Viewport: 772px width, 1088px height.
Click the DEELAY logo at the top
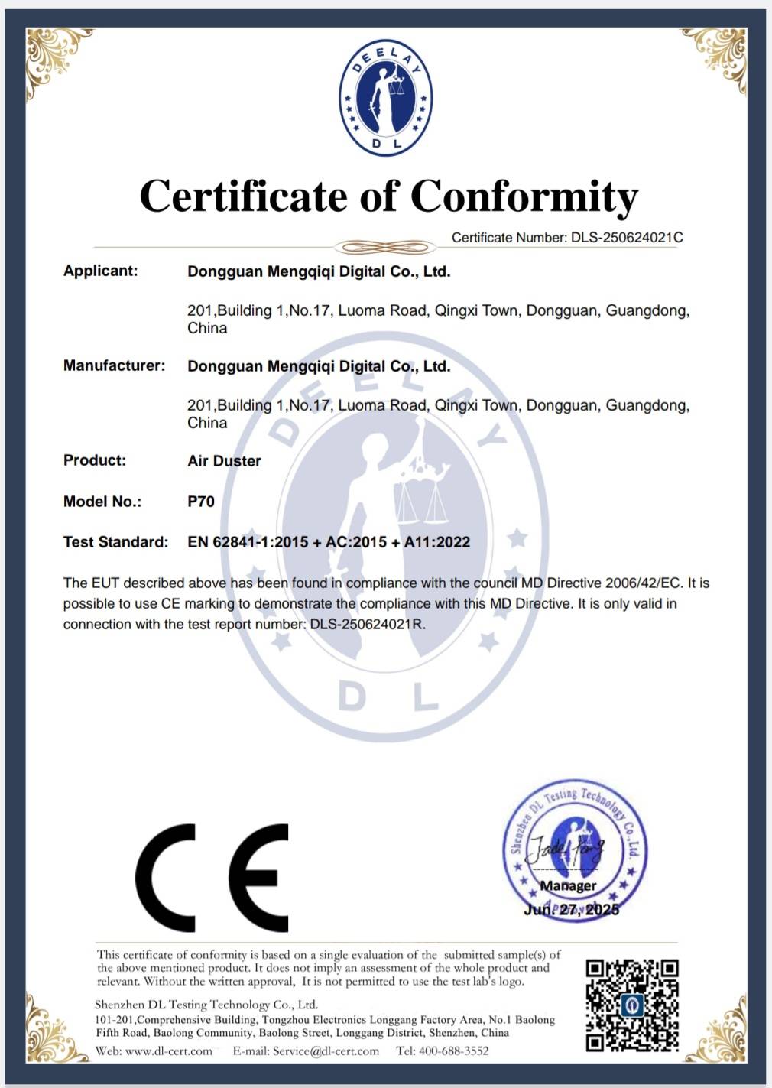pyautogui.click(x=385, y=97)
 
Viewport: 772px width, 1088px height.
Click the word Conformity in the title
pyautogui.click(x=524, y=196)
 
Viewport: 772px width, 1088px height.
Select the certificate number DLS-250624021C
pyautogui.click(x=627, y=238)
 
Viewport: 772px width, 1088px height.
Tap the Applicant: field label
pyautogui.click(x=100, y=271)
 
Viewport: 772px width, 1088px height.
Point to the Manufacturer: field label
pyautogui.click(x=114, y=365)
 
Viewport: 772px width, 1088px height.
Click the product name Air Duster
pyautogui.click(x=224, y=461)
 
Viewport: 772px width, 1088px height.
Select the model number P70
pyautogui.click(x=201, y=502)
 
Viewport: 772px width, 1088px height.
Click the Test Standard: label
pyautogui.click(x=115, y=542)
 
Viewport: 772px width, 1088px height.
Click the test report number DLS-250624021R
pyautogui.click(x=367, y=625)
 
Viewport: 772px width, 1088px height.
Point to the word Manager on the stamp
pyautogui.click(x=568, y=885)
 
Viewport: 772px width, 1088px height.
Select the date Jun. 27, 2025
pyautogui.click(x=571, y=909)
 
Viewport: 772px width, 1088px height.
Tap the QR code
pyautogui.click(x=632, y=1005)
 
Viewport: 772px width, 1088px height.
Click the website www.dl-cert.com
pyautogui.click(x=168, y=1051)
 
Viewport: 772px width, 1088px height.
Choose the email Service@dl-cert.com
pyautogui.click(x=326, y=1051)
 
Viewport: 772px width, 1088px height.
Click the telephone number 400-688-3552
pyautogui.click(x=453, y=1051)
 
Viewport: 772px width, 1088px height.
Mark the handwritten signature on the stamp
pyautogui.click(x=567, y=849)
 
